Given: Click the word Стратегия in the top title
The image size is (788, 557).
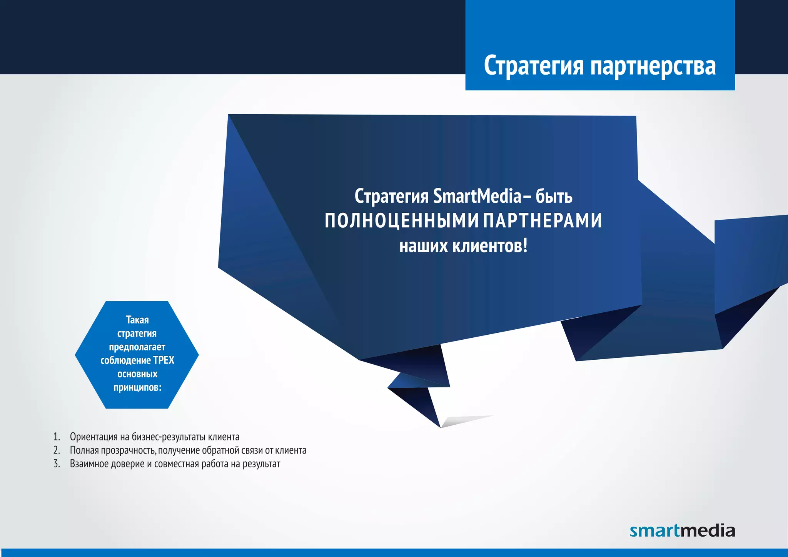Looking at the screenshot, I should click(534, 66).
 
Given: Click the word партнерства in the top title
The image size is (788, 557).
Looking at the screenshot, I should click(653, 66).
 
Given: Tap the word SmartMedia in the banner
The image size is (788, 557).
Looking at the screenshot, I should click(477, 196).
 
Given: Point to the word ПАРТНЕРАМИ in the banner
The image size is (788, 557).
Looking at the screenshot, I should click(543, 221).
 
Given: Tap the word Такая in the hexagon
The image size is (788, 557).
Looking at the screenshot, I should click(137, 320).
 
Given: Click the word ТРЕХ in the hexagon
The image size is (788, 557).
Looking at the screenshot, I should click(164, 360).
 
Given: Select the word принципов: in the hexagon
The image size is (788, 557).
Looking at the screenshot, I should click(137, 387).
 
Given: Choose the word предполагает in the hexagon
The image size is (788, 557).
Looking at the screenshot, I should click(137, 347).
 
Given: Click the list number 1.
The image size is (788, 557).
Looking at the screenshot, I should click(57, 437).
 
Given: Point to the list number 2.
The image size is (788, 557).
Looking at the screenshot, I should click(57, 450).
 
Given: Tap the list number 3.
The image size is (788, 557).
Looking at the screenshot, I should click(57, 464).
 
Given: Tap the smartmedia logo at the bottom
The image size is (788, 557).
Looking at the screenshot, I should click(682, 531).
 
